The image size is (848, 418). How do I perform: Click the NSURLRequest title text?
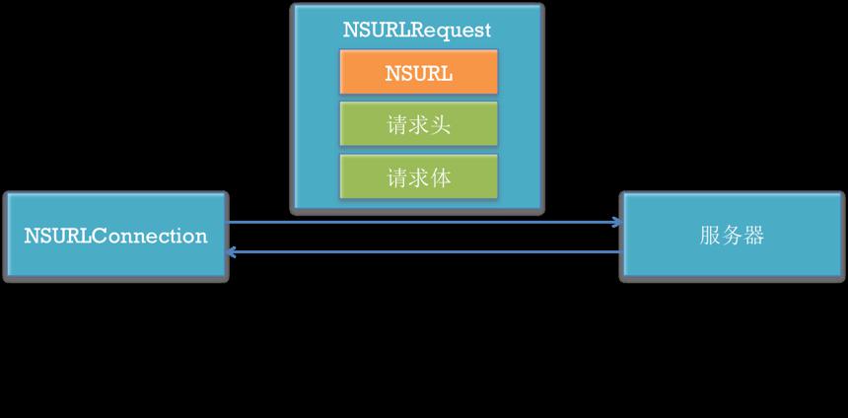(x=417, y=30)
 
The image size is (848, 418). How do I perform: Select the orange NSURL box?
(x=419, y=73)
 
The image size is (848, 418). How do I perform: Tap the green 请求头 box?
(x=419, y=124)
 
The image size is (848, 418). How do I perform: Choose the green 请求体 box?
(x=419, y=176)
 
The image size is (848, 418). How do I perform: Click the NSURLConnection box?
(x=115, y=237)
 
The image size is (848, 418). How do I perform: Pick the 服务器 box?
(x=732, y=237)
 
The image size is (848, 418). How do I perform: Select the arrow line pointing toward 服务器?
(x=425, y=222)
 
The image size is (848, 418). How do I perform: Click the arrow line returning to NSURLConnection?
(x=425, y=252)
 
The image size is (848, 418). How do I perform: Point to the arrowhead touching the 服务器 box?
(x=617, y=222)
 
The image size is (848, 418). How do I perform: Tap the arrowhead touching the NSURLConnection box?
(x=232, y=252)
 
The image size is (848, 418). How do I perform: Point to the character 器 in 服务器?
(x=754, y=237)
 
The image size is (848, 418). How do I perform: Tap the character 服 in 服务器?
(x=710, y=237)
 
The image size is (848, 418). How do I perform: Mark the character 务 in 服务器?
(x=732, y=237)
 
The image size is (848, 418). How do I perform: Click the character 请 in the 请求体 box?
(x=397, y=177)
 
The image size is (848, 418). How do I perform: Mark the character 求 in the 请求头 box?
(x=419, y=125)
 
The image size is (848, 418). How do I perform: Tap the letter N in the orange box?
(x=392, y=74)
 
